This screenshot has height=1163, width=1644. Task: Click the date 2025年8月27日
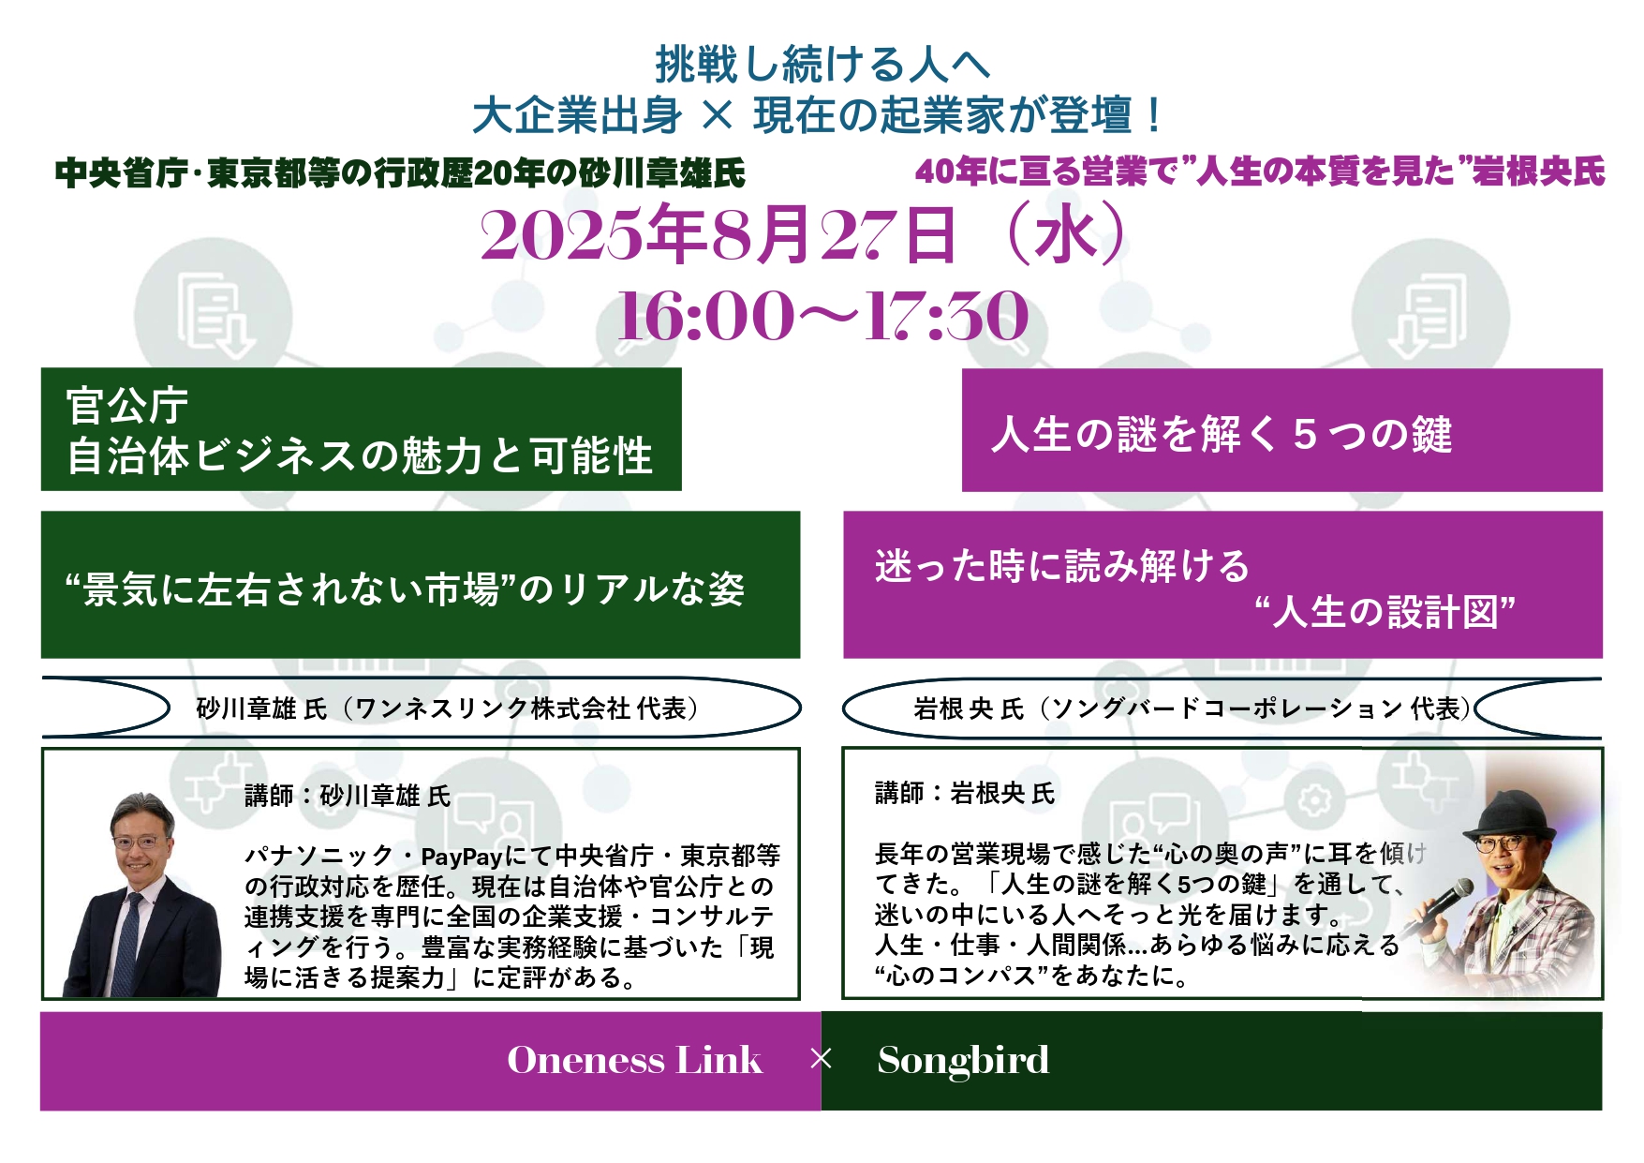[718, 234]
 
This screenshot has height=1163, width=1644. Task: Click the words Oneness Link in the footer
[634, 1060]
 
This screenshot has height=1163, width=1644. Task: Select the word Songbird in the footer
[963, 1060]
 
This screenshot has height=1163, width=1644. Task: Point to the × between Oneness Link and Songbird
[821, 1059]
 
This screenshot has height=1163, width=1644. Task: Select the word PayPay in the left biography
[462, 857]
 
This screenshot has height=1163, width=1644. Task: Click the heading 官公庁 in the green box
[127, 407]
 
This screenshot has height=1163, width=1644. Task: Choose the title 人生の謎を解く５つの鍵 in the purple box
[1222, 434]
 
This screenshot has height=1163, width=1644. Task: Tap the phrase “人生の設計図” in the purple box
[1385, 612]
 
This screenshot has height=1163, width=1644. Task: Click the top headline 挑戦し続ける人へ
[822, 64]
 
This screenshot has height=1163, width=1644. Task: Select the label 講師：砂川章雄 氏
[348, 796]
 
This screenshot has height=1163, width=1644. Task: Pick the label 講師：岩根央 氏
[965, 794]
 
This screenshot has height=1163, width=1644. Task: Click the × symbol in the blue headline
[717, 115]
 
